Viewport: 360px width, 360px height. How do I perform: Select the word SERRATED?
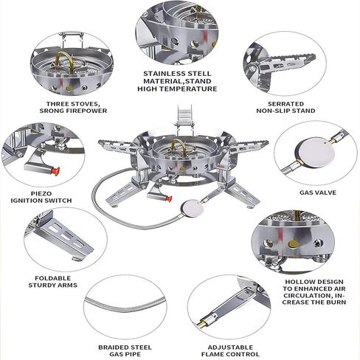coord(285,104)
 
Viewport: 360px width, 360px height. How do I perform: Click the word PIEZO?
coord(41,193)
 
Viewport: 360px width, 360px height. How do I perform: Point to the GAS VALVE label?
coord(318,193)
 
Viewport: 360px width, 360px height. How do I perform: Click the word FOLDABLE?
coord(52,278)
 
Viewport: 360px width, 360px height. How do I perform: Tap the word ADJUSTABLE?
coord(230,347)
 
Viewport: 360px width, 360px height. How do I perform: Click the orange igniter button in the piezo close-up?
coord(55,171)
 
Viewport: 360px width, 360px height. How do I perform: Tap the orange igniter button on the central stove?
coord(168,198)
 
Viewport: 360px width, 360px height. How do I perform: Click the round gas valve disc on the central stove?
coord(193,209)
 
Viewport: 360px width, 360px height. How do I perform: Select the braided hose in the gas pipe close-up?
coord(125,305)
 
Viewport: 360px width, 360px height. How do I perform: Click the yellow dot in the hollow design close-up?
coord(293,244)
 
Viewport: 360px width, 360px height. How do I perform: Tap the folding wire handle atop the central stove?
coord(184,116)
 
